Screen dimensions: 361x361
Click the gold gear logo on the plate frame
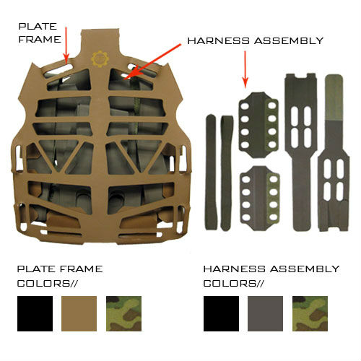(x=100, y=58)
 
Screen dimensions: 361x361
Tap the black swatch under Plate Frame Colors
(x=35, y=313)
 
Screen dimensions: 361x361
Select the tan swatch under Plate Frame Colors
(x=79, y=313)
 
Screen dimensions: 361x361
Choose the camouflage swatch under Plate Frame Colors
(x=123, y=313)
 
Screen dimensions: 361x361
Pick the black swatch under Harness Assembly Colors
(x=221, y=313)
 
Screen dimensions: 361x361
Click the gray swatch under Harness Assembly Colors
(x=265, y=313)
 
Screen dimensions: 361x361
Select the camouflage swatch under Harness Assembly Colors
(x=310, y=313)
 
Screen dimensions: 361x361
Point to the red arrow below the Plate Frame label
(x=66, y=45)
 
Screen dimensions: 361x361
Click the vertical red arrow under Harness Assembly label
(x=245, y=69)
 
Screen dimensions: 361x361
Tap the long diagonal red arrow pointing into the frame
(x=152, y=61)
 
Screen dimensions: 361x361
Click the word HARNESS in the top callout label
(x=218, y=41)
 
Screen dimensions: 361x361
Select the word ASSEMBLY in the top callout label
(x=289, y=41)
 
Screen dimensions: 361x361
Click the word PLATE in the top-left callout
(x=38, y=26)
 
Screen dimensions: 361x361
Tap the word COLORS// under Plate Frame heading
(x=48, y=283)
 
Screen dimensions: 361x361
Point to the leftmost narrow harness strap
(x=211, y=172)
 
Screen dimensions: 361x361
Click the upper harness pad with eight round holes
(x=258, y=125)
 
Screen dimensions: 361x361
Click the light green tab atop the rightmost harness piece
(x=334, y=97)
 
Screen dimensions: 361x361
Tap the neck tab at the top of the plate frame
(x=100, y=42)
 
